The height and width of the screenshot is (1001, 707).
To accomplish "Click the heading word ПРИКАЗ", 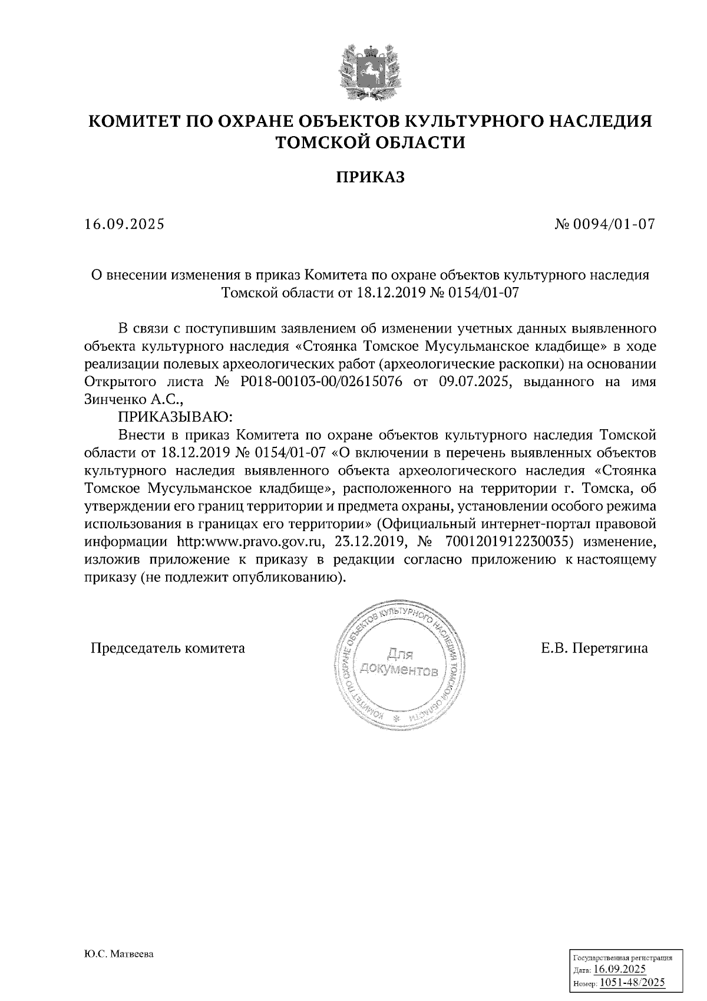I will point(371,177).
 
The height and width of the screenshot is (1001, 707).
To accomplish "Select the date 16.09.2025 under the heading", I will point(124,225).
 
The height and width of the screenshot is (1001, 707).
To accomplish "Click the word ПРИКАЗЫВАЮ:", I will point(176,418).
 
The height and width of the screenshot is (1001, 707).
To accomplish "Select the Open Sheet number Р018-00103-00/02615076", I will point(322,381).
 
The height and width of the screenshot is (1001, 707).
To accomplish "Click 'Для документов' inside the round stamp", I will point(400,663).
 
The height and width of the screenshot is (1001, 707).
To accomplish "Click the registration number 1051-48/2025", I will point(632,982).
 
